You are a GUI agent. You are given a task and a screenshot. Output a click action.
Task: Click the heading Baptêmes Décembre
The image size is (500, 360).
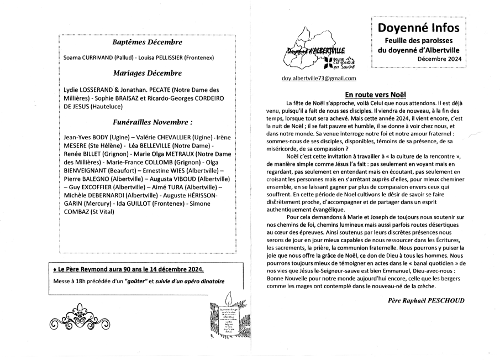tap(147, 42)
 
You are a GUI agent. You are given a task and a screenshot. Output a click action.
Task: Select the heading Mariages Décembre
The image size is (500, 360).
tap(147, 73)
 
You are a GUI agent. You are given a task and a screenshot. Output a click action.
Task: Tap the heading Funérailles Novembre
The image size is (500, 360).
tap(152, 122)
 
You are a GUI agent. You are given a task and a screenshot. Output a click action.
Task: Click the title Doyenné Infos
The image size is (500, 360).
tap(419, 28)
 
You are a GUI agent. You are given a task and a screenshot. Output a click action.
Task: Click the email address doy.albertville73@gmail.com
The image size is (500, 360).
tap(319, 79)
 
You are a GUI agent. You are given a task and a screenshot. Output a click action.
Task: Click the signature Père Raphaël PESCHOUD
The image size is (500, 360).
tap(427, 300)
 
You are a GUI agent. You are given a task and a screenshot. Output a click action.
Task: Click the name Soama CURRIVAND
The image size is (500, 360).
tap(87, 58)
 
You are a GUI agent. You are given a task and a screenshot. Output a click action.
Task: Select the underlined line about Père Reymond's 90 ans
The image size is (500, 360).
tap(128, 269)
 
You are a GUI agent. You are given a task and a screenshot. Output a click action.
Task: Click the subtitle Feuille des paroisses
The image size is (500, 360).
tap(419, 41)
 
